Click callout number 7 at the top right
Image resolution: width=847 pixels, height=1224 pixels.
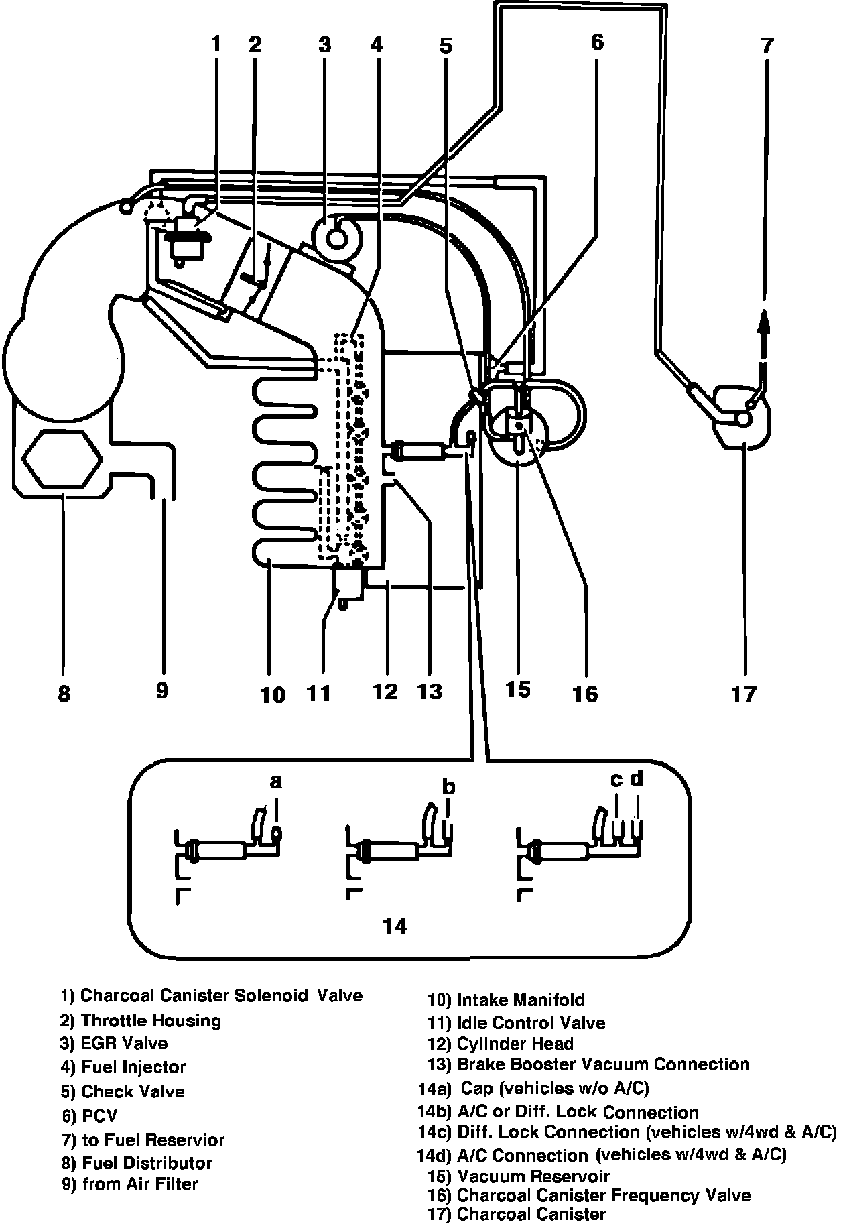pyautogui.click(x=767, y=46)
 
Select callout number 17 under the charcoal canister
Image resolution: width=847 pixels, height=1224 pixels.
pyautogui.click(x=743, y=694)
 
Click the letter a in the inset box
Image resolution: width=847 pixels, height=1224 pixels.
pyautogui.click(x=276, y=781)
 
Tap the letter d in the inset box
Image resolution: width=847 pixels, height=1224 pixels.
pyautogui.click(x=637, y=778)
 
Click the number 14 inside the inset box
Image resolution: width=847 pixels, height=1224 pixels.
pyautogui.click(x=395, y=926)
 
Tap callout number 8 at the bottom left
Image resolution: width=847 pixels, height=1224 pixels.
pyautogui.click(x=64, y=694)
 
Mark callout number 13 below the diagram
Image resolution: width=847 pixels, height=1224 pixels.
pyautogui.click(x=430, y=691)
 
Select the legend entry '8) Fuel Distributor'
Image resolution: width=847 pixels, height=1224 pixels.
pyautogui.click(x=136, y=1163)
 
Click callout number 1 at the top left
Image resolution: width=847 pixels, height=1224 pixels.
pyautogui.click(x=215, y=44)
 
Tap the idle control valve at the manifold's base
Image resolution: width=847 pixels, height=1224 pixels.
pyautogui.click(x=348, y=581)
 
